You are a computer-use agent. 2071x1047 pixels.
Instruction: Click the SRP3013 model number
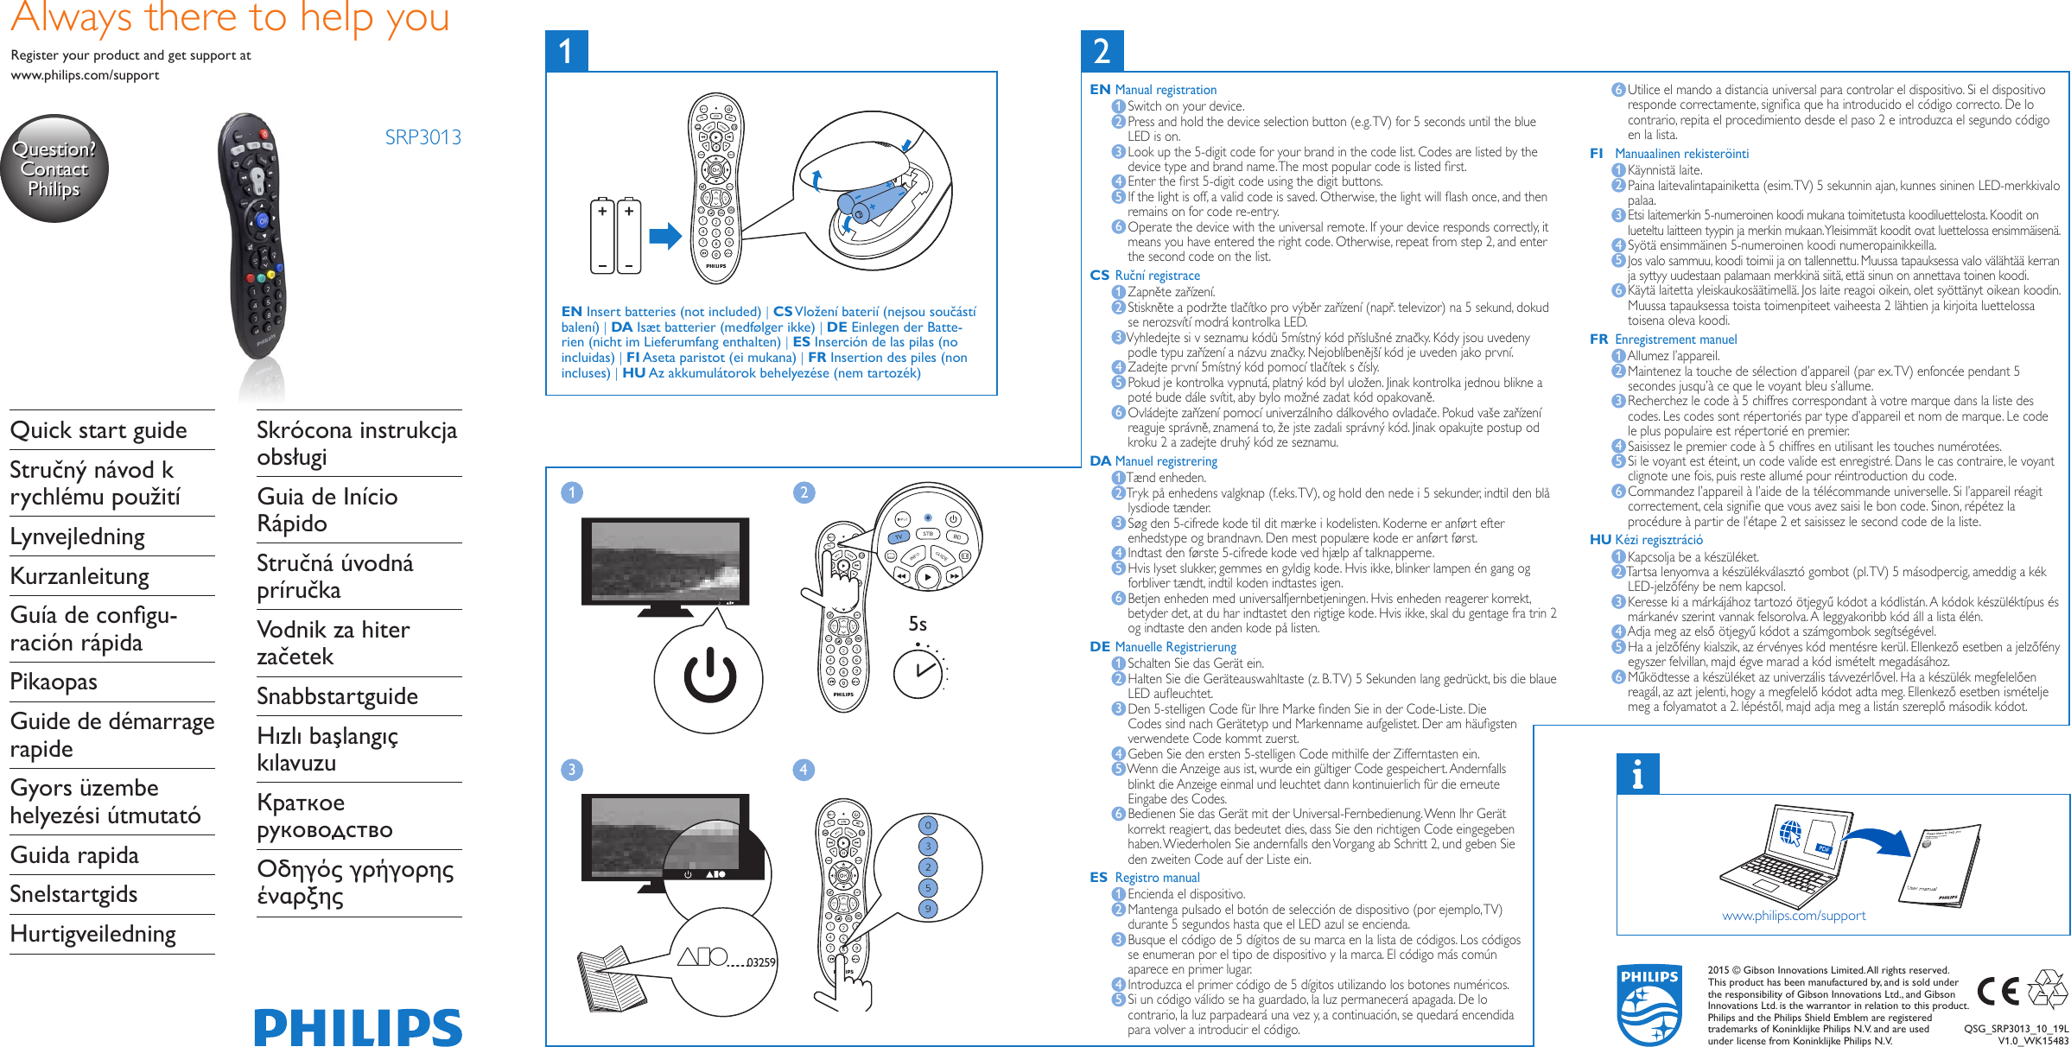tap(422, 137)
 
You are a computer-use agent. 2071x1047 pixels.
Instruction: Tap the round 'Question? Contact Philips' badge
tap(54, 168)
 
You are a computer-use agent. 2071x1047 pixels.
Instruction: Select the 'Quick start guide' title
tap(98, 430)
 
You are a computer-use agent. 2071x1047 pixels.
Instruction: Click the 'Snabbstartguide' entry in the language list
tap(337, 696)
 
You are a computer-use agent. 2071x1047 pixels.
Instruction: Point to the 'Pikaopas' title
tap(54, 682)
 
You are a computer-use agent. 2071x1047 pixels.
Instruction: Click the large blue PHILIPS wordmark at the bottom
tap(358, 1027)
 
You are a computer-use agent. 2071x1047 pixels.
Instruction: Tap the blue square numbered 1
tap(567, 51)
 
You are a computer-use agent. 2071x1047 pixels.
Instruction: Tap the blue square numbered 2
tap(1102, 51)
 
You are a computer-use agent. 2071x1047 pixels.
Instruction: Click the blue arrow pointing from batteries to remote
tap(665, 236)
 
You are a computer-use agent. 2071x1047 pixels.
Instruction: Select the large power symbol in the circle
tap(709, 677)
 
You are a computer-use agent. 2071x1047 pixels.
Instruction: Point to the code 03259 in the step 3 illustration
tap(761, 962)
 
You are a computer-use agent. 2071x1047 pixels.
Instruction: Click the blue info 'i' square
tap(1637, 774)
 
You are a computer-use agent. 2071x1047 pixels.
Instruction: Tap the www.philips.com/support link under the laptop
tap(1794, 916)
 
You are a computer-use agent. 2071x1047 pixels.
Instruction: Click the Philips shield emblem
tap(1649, 1005)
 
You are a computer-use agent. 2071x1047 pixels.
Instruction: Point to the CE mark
tap(1998, 991)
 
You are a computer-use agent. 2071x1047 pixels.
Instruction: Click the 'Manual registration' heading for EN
tap(1166, 90)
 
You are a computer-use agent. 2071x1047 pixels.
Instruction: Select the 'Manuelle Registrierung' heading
tap(1175, 647)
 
